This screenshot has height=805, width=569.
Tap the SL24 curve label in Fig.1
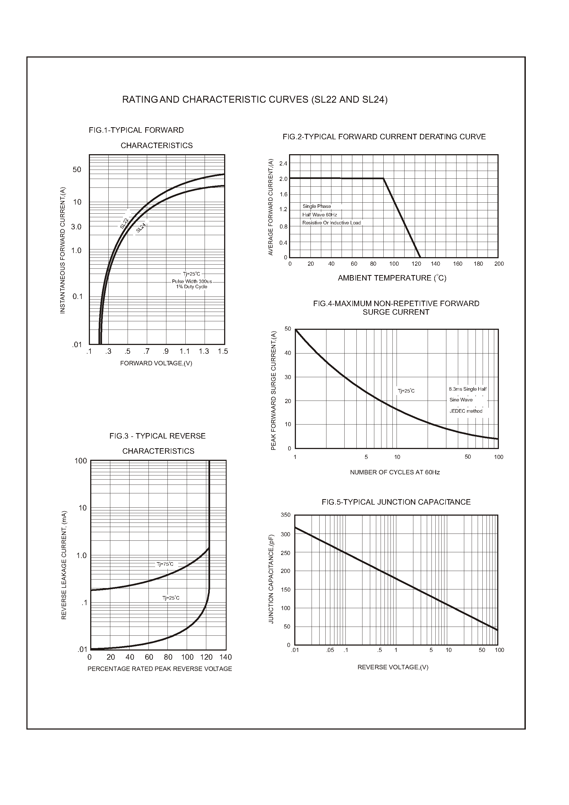[x=141, y=228]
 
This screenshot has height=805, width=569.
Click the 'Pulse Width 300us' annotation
[x=192, y=281]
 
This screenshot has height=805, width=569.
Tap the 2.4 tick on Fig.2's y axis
[x=283, y=164]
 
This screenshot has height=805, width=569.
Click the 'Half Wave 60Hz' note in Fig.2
[x=320, y=215]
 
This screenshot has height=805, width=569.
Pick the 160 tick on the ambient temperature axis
[x=457, y=264]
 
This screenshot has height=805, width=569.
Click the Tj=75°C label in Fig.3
[x=165, y=564]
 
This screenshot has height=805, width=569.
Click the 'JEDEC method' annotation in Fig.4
[x=466, y=411]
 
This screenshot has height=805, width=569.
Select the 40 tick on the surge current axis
[x=288, y=353]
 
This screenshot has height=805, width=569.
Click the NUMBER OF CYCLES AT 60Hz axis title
[x=395, y=472]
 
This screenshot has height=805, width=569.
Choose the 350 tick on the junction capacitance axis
[x=285, y=515]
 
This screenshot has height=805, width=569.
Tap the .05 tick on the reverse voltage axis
[x=330, y=650]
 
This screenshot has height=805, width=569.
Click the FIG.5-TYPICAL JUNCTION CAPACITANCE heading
[x=396, y=502]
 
